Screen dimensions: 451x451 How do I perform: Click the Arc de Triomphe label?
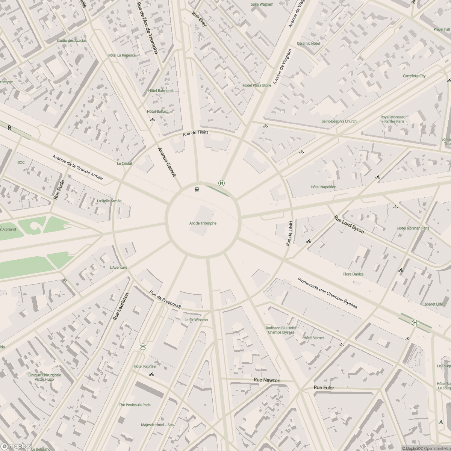tap(203, 223)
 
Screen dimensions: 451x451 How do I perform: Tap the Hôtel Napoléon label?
tap(323, 187)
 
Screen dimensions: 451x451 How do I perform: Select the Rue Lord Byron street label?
tap(349, 225)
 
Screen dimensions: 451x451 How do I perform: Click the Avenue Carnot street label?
tap(166, 162)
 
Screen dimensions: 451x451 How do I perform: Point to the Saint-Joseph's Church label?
tap(339, 121)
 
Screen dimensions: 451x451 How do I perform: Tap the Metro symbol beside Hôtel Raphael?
tap(143, 347)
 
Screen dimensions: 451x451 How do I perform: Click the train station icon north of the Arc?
tap(197, 189)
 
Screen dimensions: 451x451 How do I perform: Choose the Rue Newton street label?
tap(267, 380)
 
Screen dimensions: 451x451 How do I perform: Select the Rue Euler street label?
tap(324, 387)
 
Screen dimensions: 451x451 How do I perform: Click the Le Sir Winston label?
tap(196, 320)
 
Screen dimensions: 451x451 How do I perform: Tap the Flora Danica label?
tap(353, 274)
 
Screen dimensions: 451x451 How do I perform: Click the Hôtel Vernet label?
tap(313, 338)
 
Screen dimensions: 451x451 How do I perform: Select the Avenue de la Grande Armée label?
tap(77, 167)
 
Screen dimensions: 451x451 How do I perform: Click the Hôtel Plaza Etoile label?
tap(257, 85)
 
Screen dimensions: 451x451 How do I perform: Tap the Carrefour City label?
tap(414, 76)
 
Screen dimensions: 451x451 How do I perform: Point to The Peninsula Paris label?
tap(135, 405)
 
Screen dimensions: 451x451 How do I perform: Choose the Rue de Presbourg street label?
tap(165, 300)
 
